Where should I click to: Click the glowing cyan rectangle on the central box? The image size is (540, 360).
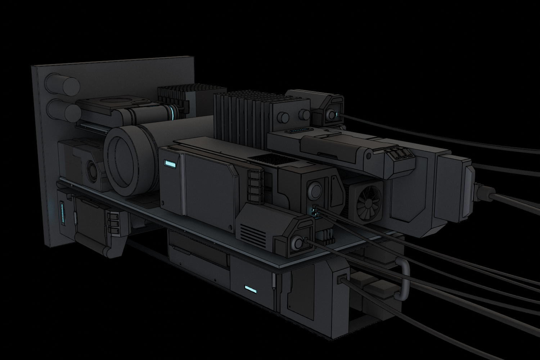pos(170,163)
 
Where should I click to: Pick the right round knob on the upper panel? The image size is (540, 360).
pos(305,115)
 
